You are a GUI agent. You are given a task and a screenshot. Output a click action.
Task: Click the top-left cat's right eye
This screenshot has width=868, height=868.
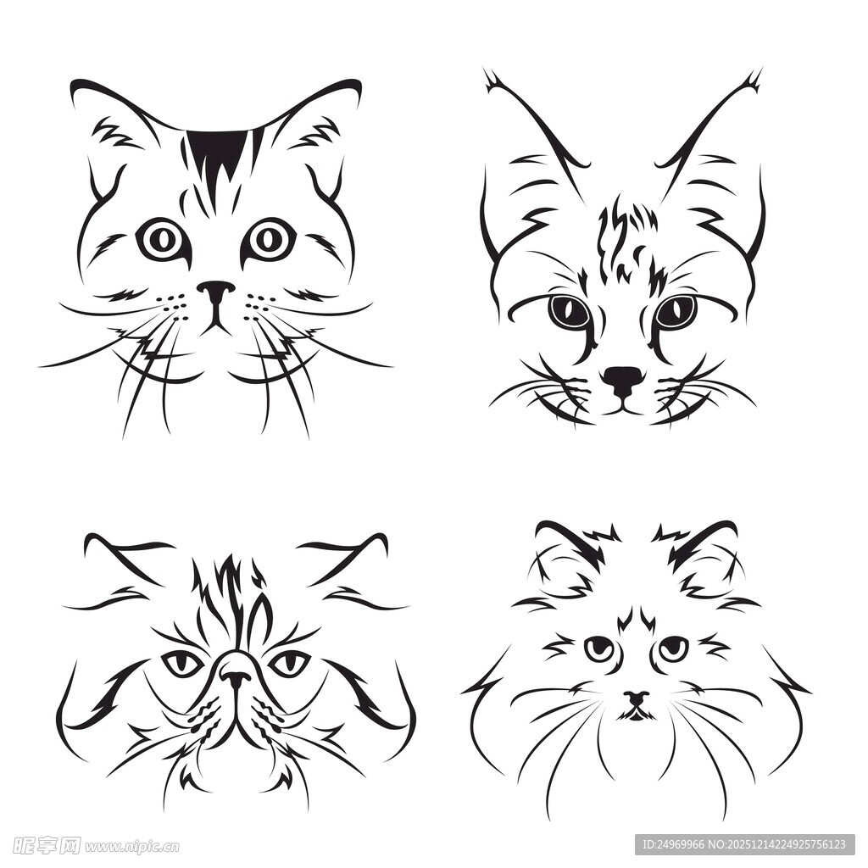point(270,239)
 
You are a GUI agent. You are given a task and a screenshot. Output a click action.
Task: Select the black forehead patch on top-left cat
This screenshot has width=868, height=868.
point(217,153)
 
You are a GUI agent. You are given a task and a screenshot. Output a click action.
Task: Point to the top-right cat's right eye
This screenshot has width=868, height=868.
point(676,312)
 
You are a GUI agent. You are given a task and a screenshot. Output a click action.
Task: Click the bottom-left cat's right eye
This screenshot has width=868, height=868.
point(289,663)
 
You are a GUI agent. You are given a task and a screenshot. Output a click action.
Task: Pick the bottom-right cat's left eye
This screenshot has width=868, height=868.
point(599,648)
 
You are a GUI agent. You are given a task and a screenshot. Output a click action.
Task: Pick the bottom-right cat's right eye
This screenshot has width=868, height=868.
point(673,648)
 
